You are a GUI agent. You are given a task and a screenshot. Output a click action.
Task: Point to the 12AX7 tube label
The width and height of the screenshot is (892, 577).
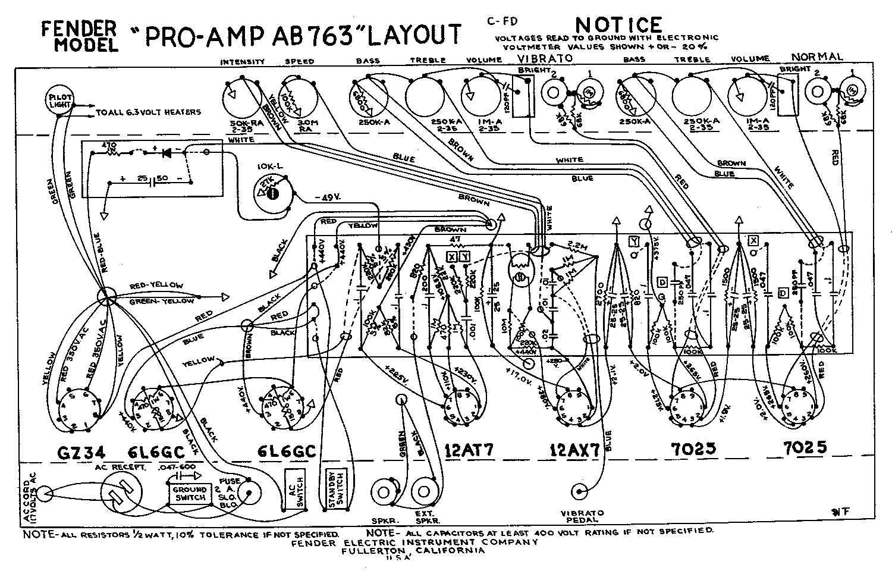click(571, 450)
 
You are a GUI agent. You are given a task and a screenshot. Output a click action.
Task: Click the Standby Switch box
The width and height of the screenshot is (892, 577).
click(335, 490)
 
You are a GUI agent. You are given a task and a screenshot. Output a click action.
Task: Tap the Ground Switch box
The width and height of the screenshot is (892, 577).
click(189, 493)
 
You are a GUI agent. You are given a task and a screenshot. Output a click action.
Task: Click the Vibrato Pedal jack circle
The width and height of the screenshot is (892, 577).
click(580, 491)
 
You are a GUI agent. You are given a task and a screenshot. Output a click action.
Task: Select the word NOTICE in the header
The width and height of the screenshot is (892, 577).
click(618, 24)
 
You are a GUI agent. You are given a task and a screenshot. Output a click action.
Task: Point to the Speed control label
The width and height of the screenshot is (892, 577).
click(300, 61)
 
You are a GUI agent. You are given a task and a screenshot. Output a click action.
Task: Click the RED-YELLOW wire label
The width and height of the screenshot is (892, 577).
click(156, 286)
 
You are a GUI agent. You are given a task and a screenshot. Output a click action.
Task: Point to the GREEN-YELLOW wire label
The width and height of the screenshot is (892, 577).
click(162, 301)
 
